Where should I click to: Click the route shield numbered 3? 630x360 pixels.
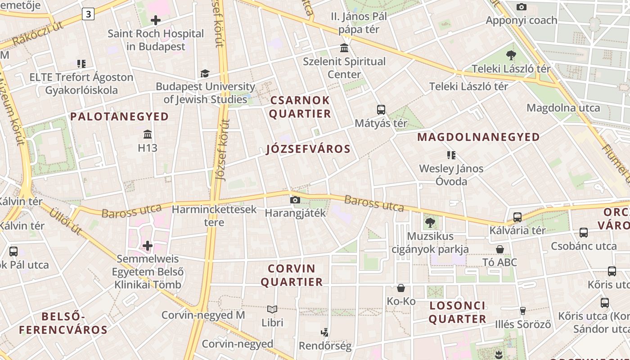click(x=88, y=14)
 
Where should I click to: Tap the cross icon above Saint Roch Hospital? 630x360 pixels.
click(x=156, y=20)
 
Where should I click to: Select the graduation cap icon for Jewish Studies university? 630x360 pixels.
click(x=205, y=73)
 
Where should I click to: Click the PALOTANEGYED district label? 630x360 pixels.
click(x=120, y=117)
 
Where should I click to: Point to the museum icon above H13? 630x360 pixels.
click(x=148, y=134)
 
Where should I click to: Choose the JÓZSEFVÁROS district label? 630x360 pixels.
click(x=308, y=149)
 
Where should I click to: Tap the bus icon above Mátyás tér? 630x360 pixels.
click(x=381, y=109)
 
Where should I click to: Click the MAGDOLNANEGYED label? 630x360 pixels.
click(x=479, y=137)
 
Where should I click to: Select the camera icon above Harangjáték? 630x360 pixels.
click(x=295, y=200)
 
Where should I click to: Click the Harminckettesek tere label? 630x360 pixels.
click(x=214, y=216)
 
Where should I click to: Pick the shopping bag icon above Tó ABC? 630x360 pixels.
click(x=500, y=249)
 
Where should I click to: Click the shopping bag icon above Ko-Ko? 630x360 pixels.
click(x=401, y=288)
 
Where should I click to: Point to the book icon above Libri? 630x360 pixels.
click(x=272, y=310)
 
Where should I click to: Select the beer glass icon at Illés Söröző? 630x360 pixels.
click(x=523, y=311)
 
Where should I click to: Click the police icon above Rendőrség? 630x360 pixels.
click(x=325, y=333)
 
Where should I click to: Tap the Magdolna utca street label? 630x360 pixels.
click(x=563, y=108)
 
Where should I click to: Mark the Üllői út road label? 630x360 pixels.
click(x=66, y=221)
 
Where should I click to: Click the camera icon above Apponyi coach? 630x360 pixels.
click(x=522, y=7)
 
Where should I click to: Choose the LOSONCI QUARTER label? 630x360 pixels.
click(x=457, y=312)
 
